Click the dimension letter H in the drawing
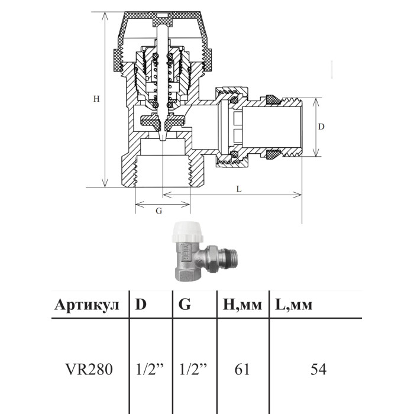click(96, 99)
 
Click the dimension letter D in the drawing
click(321, 127)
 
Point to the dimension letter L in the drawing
click(239, 189)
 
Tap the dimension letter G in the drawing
click(159, 211)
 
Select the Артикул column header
click(87, 305)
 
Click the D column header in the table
click(141, 304)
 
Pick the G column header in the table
click(185, 304)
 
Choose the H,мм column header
click(242, 305)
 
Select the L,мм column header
click(293, 305)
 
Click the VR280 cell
click(89, 369)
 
